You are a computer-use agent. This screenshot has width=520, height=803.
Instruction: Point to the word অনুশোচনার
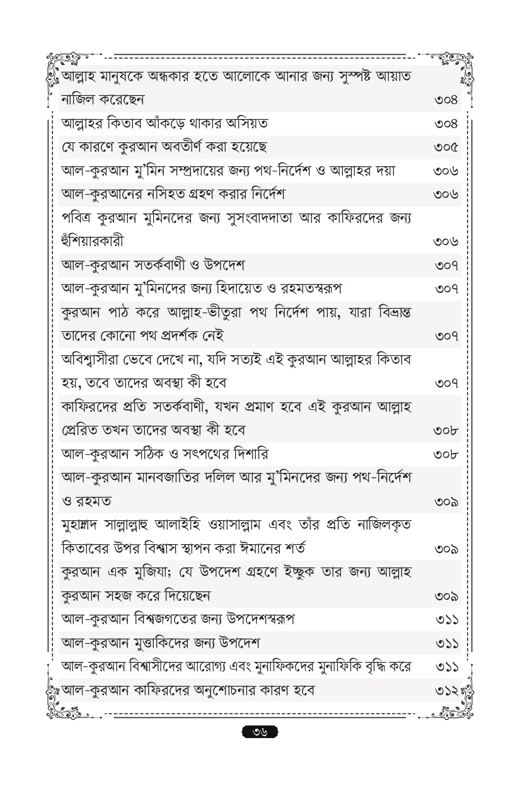click(x=235, y=690)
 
